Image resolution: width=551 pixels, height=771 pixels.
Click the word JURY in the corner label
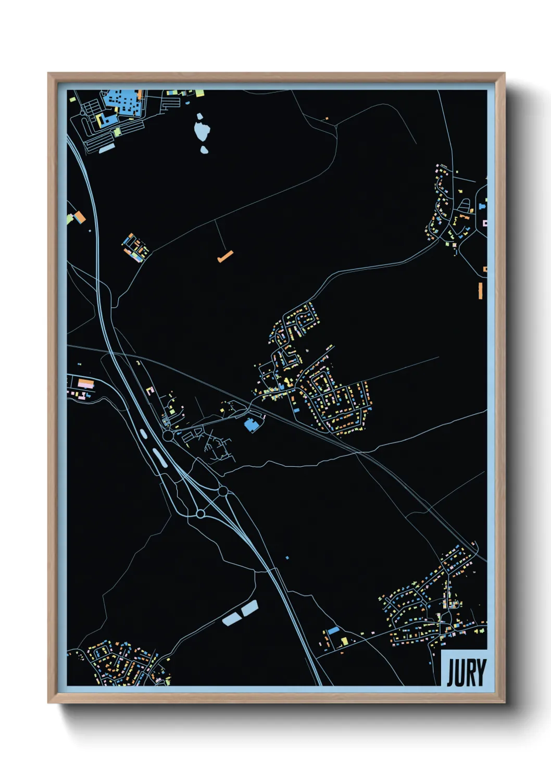point(466,673)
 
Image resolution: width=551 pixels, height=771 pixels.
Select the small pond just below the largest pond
point(204,150)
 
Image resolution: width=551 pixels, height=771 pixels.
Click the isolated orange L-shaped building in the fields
point(225,256)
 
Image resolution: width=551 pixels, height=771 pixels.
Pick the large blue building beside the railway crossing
point(252,425)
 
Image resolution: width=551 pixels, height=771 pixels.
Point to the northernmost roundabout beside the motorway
point(168,435)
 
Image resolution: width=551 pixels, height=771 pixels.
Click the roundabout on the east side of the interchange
point(222,491)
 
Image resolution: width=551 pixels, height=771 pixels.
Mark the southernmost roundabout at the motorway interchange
point(201,514)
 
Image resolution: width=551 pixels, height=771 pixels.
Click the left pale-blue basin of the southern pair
point(231,618)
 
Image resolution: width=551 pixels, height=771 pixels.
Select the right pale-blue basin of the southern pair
point(249,607)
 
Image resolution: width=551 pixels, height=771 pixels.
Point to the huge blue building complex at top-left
point(123,103)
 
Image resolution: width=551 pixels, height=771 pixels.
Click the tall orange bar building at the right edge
point(480,291)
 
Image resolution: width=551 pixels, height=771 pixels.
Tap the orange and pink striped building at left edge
point(85,384)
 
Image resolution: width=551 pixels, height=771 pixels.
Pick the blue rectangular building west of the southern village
point(333,631)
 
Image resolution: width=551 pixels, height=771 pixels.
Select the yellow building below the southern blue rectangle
point(344,641)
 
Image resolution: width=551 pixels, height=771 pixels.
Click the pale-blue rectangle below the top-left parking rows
point(107,148)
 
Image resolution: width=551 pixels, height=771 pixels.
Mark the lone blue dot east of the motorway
point(287,558)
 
